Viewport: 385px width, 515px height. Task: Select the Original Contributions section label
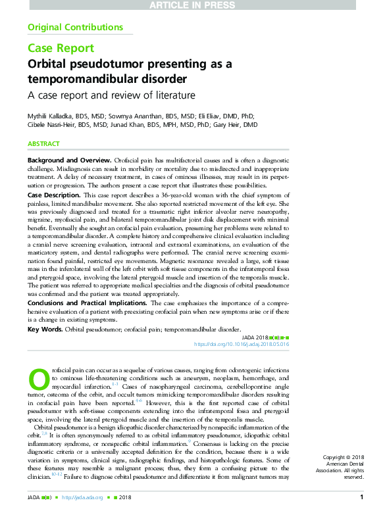pos(75,28)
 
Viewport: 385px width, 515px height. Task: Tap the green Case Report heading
pos(61,48)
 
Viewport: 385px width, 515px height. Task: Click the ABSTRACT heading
pos(43,144)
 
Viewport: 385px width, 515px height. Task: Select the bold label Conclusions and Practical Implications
pos(82,302)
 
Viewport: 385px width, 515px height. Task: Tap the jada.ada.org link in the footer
pos(86,497)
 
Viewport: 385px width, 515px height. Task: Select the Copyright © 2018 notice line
pos(343,457)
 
